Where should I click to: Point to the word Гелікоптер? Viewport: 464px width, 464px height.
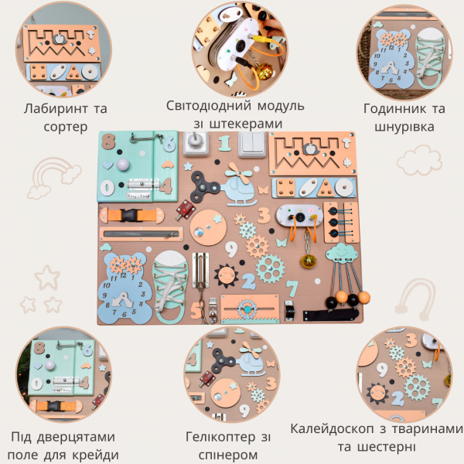(x=220, y=437)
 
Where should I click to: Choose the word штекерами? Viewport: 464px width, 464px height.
(x=246, y=125)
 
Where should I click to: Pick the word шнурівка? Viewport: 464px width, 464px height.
(x=404, y=128)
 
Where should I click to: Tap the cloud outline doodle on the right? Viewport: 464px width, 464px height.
(x=419, y=160)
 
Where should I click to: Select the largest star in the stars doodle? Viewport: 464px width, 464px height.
(x=48, y=278)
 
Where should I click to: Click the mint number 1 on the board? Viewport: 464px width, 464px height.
(x=224, y=143)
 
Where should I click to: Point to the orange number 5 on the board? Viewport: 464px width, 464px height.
(x=196, y=310)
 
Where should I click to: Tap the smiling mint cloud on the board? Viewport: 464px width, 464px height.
(x=342, y=254)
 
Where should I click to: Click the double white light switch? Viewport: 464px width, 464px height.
(x=251, y=144)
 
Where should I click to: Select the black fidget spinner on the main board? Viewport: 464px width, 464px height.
(x=204, y=186)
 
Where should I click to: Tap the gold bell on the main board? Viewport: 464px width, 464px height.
(x=309, y=261)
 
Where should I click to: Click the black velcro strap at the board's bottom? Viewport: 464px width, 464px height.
(x=330, y=315)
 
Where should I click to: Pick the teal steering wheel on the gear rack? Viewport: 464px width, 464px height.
(x=247, y=309)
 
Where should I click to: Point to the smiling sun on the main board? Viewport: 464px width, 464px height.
(x=226, y=276)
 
